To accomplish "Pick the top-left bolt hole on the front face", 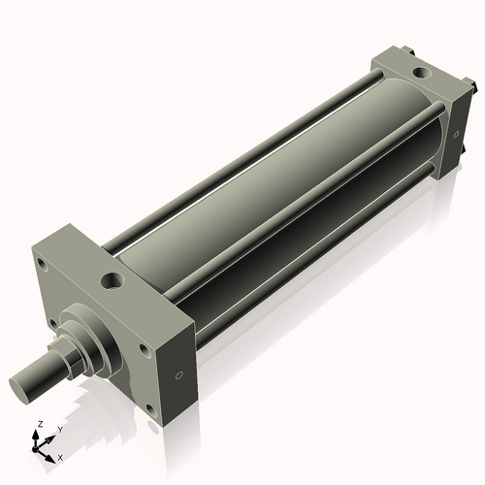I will pyautogui.click(x=41, y=261).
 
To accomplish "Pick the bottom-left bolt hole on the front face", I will pyautogui.click(x=50, y=324).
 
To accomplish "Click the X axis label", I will pyautogui.click(x=60, y=456).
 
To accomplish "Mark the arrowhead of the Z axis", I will pyautogui.click(x=36, y=433).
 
